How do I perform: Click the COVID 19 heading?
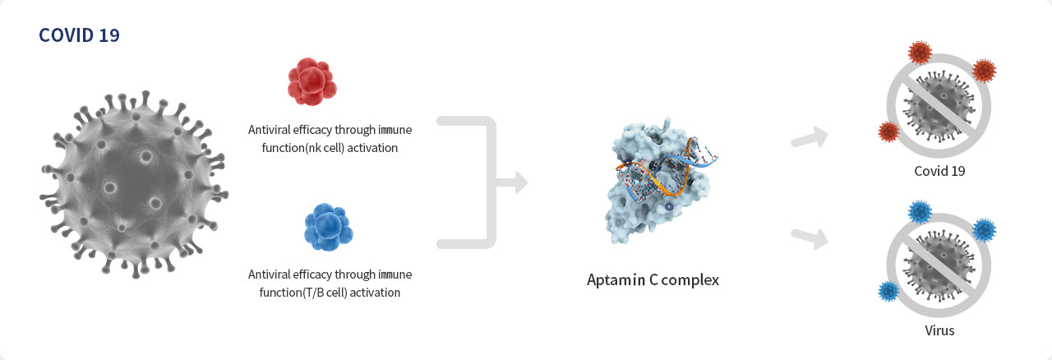79,35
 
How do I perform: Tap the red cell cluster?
311,81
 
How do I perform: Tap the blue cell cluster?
328,227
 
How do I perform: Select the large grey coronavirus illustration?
134,184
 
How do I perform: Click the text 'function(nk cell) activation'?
330,148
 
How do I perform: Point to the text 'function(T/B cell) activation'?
330,293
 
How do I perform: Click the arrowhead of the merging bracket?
520,182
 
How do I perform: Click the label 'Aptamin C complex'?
653,280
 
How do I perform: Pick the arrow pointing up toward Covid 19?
810,138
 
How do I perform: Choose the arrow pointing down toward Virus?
810,238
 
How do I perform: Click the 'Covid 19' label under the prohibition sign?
939,171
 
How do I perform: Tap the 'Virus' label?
939,330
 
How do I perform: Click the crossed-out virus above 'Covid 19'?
939,106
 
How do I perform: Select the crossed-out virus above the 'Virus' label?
939,265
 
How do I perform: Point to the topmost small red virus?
920,52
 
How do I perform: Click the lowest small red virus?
888,132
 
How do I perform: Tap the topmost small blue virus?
920,212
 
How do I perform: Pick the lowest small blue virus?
888,292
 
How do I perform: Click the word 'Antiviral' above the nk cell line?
269,130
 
